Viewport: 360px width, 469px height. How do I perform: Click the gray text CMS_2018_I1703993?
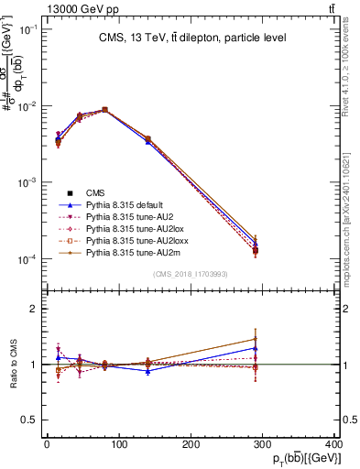click(x=191, y=274)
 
